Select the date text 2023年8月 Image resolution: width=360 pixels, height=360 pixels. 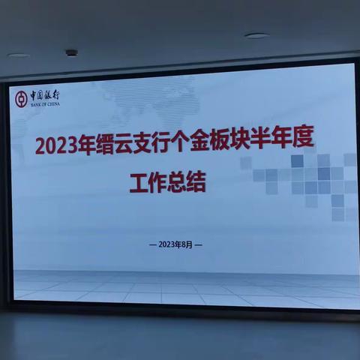pos(177,244)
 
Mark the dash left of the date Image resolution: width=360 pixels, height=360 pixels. pos(153,244)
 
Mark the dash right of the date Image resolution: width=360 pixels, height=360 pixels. pos(200,244)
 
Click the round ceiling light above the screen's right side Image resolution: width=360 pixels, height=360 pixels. pos(256,36)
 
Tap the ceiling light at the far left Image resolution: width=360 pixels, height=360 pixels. pos(18,55)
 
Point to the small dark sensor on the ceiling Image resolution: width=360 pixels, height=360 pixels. pos(71,53)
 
